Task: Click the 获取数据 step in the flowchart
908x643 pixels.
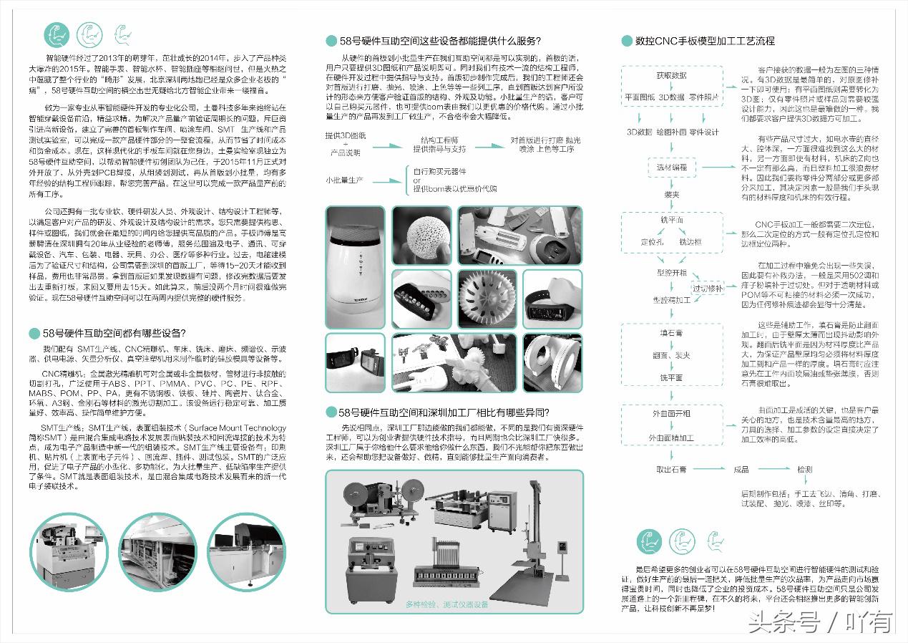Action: coord(670,75)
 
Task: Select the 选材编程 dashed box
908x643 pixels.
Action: coord(671,167)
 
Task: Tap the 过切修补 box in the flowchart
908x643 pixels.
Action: coord(708,288)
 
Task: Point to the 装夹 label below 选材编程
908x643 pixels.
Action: coord(671,194)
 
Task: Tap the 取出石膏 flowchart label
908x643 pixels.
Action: coord(671,470)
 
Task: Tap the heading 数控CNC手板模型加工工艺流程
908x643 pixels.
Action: coord(705,41)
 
